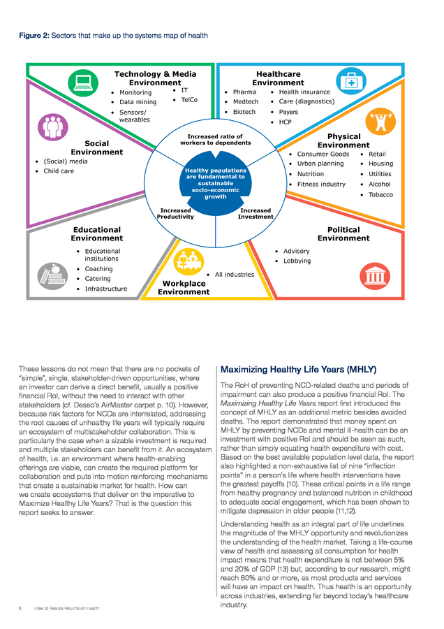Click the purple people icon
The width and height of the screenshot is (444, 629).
pyautogui.click(x=52, y=126)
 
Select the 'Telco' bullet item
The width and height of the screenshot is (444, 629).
pyautogui.click(x=188, y=101)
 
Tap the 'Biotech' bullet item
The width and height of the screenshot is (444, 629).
pyautogui.click(x=244, y=112)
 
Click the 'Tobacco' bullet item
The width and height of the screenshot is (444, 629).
pyautogui.click(x=380, y=194)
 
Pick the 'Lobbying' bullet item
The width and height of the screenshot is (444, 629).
pyautogui.click(x=297, y=261)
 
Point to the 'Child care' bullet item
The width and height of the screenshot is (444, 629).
pyautogui.click(x=58, y=171)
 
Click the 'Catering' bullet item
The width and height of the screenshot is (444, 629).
pyautogui.click(x=97, y=279)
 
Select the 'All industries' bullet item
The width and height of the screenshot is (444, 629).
pyautogui.click(x=234, y=275)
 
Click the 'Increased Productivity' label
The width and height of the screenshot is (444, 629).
pyautogui.click(x=175, y=213)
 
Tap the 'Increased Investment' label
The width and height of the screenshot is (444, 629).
pyautogui.click(x=255, y=213)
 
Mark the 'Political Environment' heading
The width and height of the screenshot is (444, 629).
pyautogui.click(x=343, y=233)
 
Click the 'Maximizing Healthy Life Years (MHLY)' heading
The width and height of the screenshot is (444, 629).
pyautogui.click(x=298, y=369)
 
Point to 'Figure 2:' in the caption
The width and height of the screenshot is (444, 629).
pyautogui.click(x=34, y=36)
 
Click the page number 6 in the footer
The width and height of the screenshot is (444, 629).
pyautogui.click(x=20, y=608)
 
